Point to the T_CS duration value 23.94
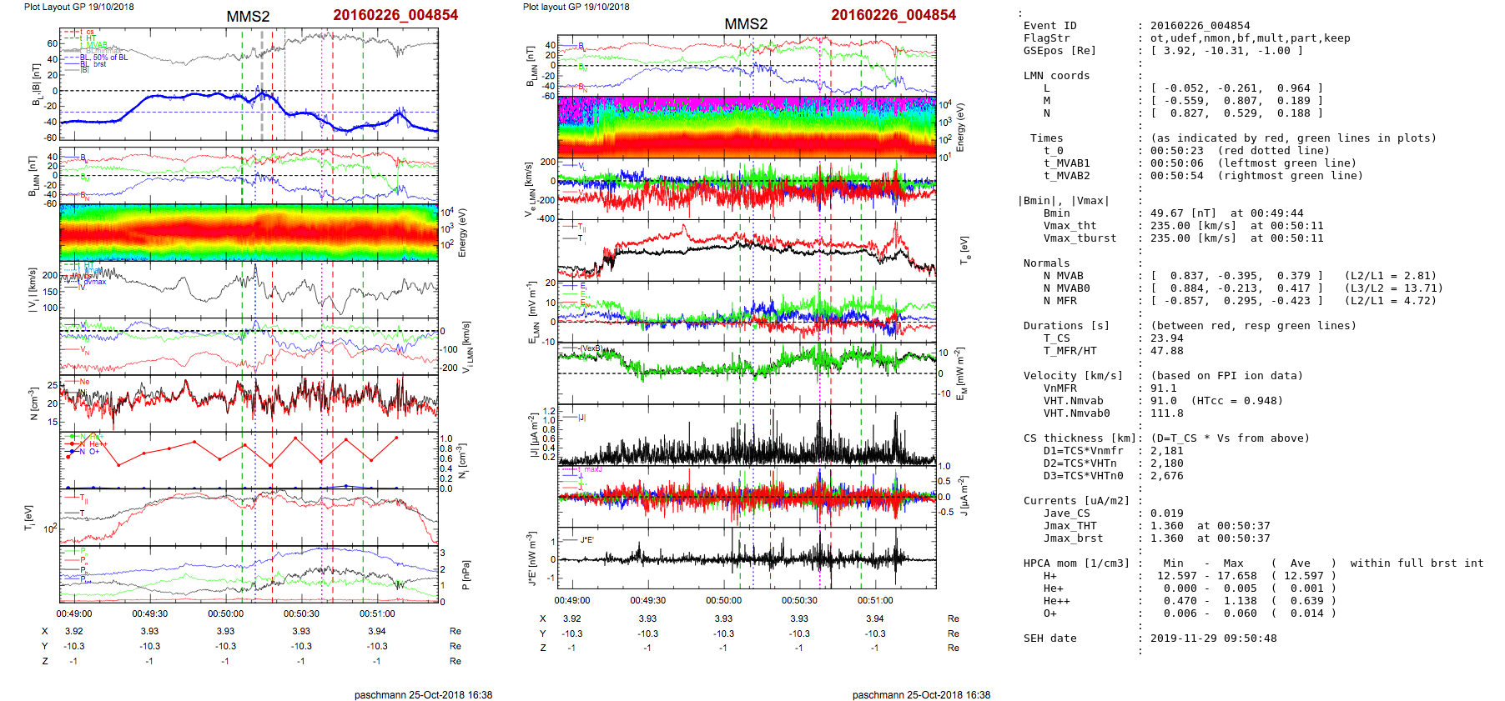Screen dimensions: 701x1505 pyautogui.click(x=1166, y=338)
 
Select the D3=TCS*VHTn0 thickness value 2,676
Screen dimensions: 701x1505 pyautogui.click(x=1166, y=476)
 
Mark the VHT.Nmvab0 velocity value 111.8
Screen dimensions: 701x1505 pyautogui.click(x=1166, y=413)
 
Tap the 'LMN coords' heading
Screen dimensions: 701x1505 pyautogui.click(x=1056, y=76)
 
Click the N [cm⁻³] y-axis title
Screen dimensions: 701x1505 pyautogui.click(x=33, y=403)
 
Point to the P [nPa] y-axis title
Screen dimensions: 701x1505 pyautogui.click(x=465, y=574)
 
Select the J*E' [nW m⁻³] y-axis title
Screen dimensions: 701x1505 pyautogui.click(x=531, y=558)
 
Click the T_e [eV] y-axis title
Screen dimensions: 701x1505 pyautogui.click(x=964, y=248)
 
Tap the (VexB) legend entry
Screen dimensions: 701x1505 pyautogui.click(x=590, y=348)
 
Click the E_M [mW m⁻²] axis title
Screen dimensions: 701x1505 pyautogui.click(x=960, y=373)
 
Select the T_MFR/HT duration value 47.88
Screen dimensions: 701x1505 pyautogui.click(x=1166, y=351)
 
